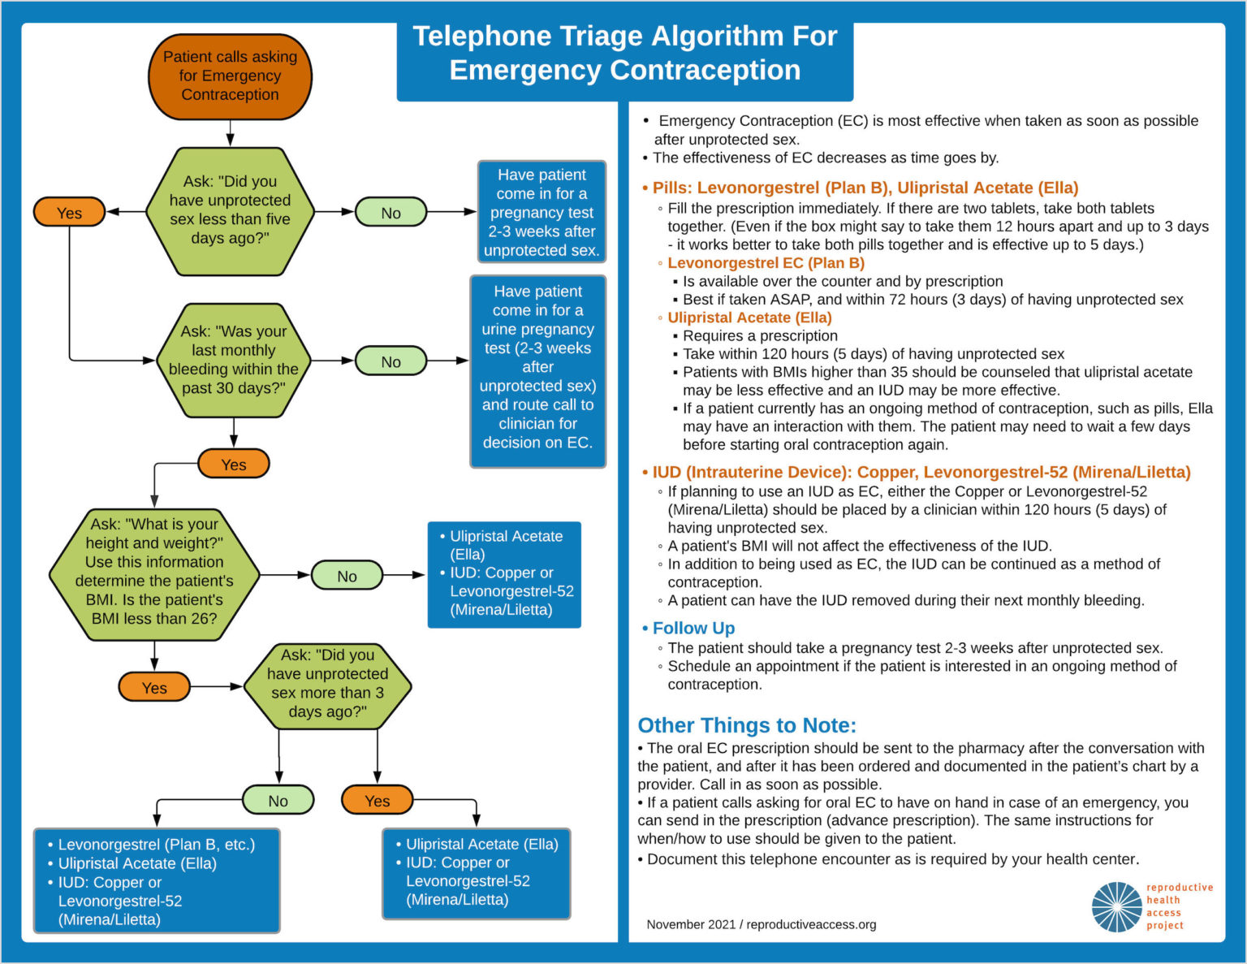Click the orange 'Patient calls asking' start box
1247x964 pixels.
pos(230,76)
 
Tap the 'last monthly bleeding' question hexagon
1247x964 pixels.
pos(233,360)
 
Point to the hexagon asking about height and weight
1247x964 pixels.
pos(154,574)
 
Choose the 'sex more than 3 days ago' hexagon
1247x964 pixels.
pos(327,684)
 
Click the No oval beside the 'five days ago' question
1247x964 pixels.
pos(390,213)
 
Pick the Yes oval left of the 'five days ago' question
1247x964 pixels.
pos(69,213)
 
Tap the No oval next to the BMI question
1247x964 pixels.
pos(347,576)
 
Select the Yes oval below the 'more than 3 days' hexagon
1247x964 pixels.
pos(377,801)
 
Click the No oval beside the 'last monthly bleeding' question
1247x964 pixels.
pos(390,361)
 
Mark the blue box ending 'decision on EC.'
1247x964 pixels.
pos(537,371)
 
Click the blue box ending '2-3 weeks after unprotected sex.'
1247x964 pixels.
pos(542,212)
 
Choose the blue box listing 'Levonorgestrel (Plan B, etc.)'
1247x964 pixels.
pos(157,881)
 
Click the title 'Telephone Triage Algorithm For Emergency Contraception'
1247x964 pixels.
pos(624,53)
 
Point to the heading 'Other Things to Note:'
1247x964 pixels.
pos(747,725)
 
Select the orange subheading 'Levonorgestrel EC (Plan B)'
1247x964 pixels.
pos(766,263)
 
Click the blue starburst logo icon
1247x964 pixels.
pos(1116,906)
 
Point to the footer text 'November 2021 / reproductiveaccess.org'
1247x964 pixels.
pos(761,924)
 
